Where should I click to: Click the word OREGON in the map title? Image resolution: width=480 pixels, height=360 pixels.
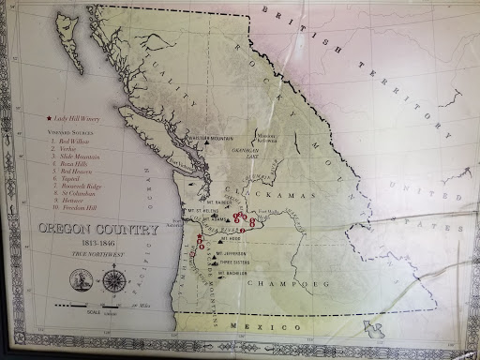point(67,230)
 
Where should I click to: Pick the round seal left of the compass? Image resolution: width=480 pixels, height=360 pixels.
point(82,279)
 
